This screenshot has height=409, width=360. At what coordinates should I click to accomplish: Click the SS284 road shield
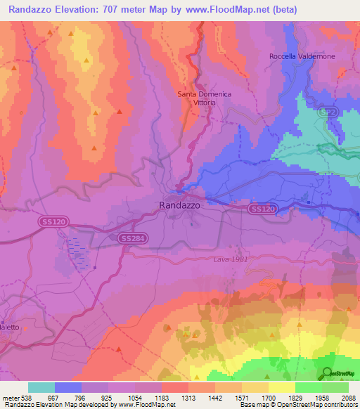pos(133,239)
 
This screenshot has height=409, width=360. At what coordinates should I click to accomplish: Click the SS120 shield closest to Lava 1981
pos(262,209)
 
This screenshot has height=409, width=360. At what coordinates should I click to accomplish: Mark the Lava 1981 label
pos(231,259)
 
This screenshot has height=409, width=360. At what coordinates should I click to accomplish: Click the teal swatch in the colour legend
pos(41,387)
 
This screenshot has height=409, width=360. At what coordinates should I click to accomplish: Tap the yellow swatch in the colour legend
pos(281,387)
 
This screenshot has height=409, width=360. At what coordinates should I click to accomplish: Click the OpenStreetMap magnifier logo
pos(328,374)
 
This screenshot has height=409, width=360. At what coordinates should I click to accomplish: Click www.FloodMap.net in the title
pos(226,10)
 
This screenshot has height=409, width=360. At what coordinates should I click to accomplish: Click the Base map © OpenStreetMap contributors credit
pos(297,405)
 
